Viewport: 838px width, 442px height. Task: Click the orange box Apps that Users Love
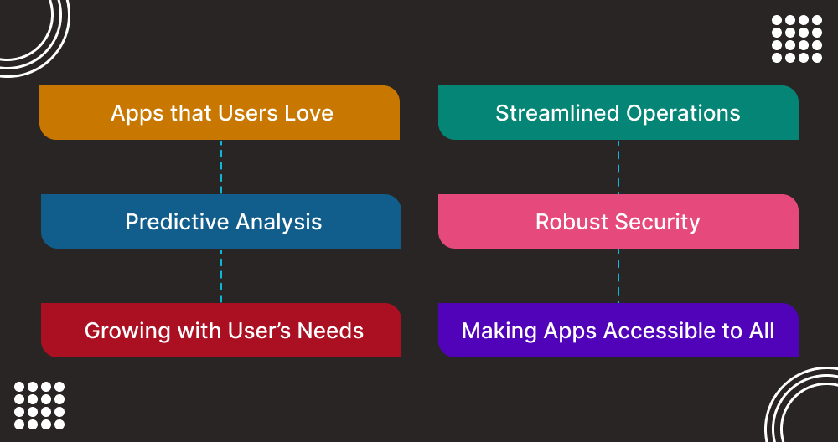(220, 113)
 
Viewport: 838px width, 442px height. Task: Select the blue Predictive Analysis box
(221, 222)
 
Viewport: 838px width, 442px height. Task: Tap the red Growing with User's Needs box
(221, 331)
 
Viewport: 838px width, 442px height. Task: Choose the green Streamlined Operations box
(618, 113)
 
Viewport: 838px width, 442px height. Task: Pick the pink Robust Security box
(618, 222)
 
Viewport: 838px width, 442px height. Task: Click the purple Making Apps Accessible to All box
(618, 331)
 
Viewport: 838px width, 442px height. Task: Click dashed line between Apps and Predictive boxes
(221, 167)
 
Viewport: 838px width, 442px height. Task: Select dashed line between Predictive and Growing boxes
(221, 275)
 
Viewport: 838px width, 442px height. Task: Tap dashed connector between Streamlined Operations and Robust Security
(618, 167)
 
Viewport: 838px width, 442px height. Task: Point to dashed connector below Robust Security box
(618, 275)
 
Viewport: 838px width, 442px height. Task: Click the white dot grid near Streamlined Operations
(797, 39)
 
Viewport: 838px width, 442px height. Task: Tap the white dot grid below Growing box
(39, 406)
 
